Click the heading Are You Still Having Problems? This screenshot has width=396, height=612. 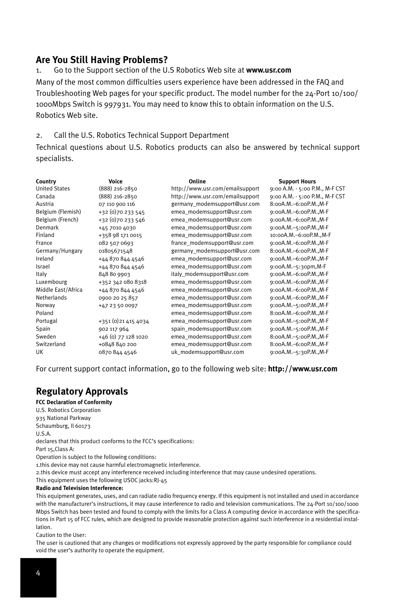click(102, 60)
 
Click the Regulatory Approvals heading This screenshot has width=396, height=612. click(82, 391)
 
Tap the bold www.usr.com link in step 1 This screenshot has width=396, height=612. click(269, 70)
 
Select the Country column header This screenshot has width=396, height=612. click(46, 181)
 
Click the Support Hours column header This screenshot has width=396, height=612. click(297, 181)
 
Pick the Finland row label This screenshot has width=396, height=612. click(45, 235)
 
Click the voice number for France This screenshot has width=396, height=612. click(116, 243)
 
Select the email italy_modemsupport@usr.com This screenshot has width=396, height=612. click(210, 274)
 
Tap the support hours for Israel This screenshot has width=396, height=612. click(298, 267)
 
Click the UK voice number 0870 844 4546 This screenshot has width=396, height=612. click(117, 352)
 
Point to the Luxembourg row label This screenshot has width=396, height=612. click(51, 282)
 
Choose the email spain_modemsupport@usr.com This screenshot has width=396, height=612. click(211, 329)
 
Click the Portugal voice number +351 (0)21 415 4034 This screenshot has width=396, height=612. click(124, 321)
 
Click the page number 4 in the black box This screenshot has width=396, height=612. click(38, 573)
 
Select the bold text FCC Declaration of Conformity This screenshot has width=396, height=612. click(74, 402)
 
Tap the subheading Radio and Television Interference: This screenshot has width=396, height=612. click(79, 488)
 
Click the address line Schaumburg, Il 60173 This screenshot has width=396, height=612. click(63, 426)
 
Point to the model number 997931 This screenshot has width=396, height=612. click(117, 105)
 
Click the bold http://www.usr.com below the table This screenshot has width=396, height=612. click(303, 369)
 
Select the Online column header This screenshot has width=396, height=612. click(197, 181)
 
